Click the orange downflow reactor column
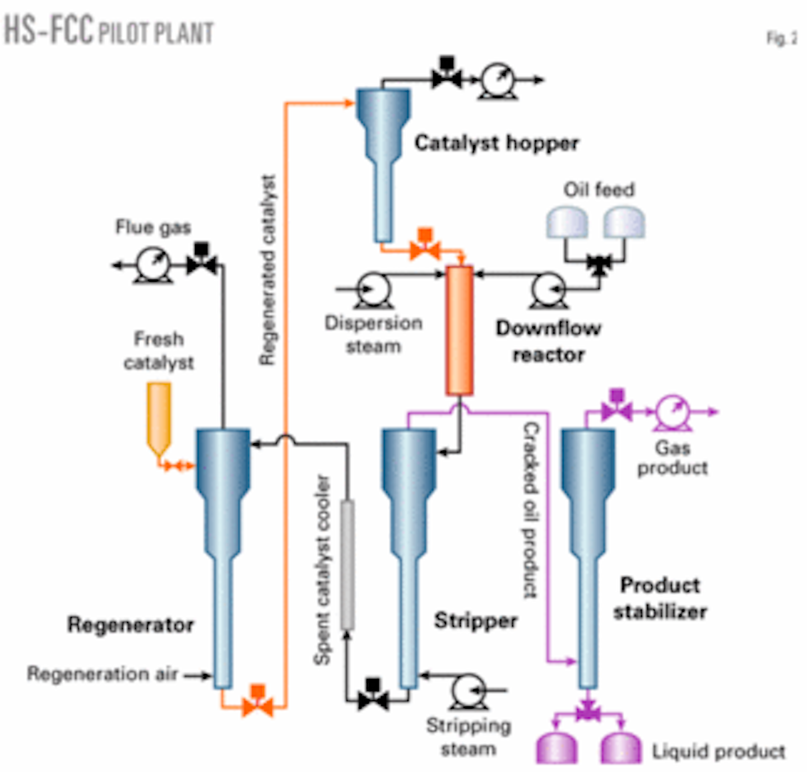tap(459, 331)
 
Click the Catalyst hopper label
tap(497, 143)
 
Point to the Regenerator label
tap(130, 624)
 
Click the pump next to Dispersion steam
tap(374, 289)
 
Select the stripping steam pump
tap(469, 691)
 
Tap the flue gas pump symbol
tap(153, 265)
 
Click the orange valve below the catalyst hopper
tap(425, 247)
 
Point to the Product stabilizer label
tap(660, 598)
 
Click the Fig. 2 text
tap(781, 39)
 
